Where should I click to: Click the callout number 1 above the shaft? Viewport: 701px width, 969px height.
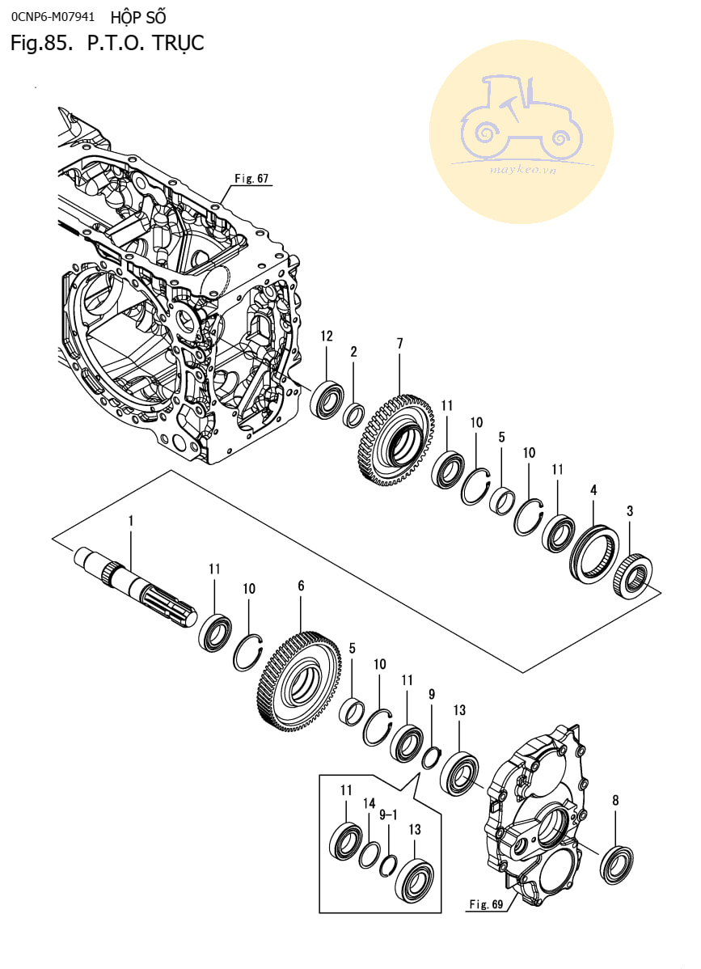[x=130, y=523]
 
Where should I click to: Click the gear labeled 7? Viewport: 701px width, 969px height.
[x=399, y=441]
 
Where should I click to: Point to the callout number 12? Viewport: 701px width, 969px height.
[x=326, y=336]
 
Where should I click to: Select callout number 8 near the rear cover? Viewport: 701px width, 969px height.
[x=616, y=801]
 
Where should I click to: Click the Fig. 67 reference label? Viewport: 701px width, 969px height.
[x=251, y=179]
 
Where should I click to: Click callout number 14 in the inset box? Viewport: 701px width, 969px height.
[x=370, y=803]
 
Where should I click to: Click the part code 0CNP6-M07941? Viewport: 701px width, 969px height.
[x=53, y=15]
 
